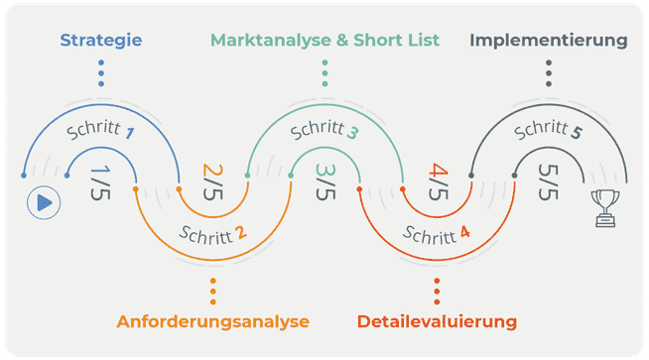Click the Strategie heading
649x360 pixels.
point(100,41)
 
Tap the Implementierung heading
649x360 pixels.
point(549,41)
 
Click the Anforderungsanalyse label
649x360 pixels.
point(213,321)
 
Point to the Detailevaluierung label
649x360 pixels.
point(437,321)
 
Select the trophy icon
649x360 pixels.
point(604,207)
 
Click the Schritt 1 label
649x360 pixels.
point(99,131)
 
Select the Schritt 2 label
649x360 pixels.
point(212,237)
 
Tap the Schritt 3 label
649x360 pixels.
point(324,131)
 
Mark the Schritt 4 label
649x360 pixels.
point(437,237)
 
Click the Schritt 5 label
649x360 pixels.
point(549,130)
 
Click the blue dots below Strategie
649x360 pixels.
point(100,73)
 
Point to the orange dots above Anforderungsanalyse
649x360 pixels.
point(213,291)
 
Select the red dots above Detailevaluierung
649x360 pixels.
point(437,291)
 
